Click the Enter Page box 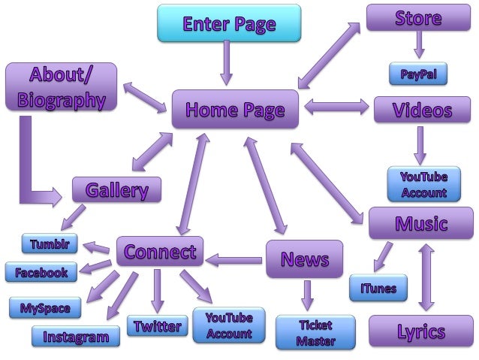click(x=229, y=23)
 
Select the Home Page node click(x=235, y=110)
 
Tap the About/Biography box click(x=61, y=87)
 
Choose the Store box click(x=418, y=17)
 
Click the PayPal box click(x=418, y=74)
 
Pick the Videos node click(x=422, y=110)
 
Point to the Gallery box click(x=116, y=189)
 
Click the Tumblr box click(x=50, y=244)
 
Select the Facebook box click(x=41, y=272)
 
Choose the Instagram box click(x=76, y=336)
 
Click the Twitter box click(x=157, y=325)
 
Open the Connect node click(x=160, y=251)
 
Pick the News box click(x=305, y=259)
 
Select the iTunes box click(x=378, y=287)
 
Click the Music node click(x=421, y=223)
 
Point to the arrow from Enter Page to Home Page click(x=226, y=64)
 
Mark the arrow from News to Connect click(x=235, y=260)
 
